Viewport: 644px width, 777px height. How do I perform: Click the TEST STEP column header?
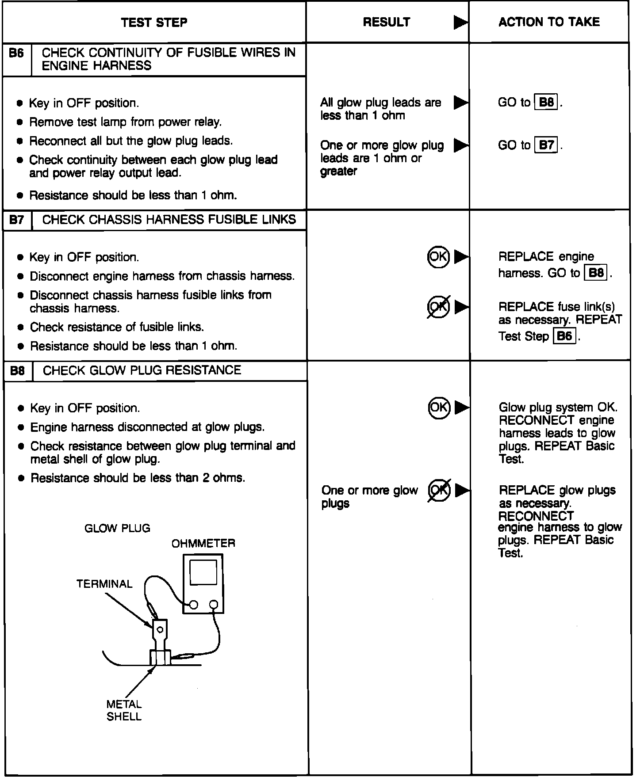pyautogui.click(x=154, y=23)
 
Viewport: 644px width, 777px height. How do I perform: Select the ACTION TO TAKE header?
pyautogui.click(x=549, y=22)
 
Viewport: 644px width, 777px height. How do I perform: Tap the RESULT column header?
pyautogui.click(x=386, y=22)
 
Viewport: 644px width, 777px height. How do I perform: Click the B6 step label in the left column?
pyautogui.click(x=16, y=53)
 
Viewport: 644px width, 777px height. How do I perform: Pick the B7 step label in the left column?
pyautogui.click(x=17, y=220)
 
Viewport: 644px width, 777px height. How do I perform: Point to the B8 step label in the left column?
pyautogui.click(x=17, y=370)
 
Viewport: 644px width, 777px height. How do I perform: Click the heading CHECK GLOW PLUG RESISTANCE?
pyautogui.click(x=142, y=370)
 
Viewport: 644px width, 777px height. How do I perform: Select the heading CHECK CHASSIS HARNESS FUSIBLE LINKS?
pyautogui.click(x=169, y=220)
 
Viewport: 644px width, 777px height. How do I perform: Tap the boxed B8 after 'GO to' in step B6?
pyautogui.click(x=546, y=103)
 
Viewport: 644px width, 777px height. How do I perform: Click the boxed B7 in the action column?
pyautogui.click(x=546, y=145)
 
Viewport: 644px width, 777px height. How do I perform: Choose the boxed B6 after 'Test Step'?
pyautogui.click(x=564, y=336)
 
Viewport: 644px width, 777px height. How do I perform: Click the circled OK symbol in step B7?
pyautogui.click(x=438, y=257)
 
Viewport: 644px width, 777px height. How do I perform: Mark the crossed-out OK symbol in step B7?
pyautogui.click(x=438, y=306)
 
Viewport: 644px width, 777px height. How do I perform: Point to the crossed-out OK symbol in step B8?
pyautogui.click(x=439, y=490)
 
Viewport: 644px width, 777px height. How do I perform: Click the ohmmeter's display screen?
pyautogui.click(x=203, y=572)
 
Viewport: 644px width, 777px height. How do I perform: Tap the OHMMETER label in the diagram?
pyautogui.click(x=203, y=543)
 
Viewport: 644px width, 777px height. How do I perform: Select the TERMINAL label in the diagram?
pyautogui.click(x=104, y=584)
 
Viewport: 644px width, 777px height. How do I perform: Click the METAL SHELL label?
pyautogui.click(x=124, y=710)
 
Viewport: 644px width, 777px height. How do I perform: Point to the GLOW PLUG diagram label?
pyautogui.click(x=117, y=528)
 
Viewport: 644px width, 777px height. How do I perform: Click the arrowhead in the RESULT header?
pyautogui.click(x=460, y=23)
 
